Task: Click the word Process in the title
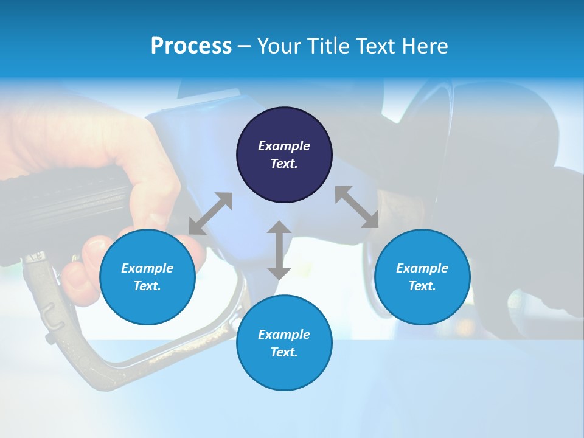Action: pyautogui.click(x=191, y=46)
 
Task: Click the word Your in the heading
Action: pyautogui.click(x=277, y=46)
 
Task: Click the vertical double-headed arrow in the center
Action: pyautogui.click(x=279, y=250)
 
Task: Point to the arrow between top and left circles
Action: pyautogui.click(x=210, y=214)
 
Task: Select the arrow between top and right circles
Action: pyautogui.click(x=356, y=207)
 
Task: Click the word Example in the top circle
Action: pyautogui.click(x=284, y=146)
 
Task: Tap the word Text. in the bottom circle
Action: pyautogui.click(x=284, y=352)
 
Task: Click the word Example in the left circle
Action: pyautogui.click(x=147, y=268)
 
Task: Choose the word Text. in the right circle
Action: pyautogui.click(x=422, y=286)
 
